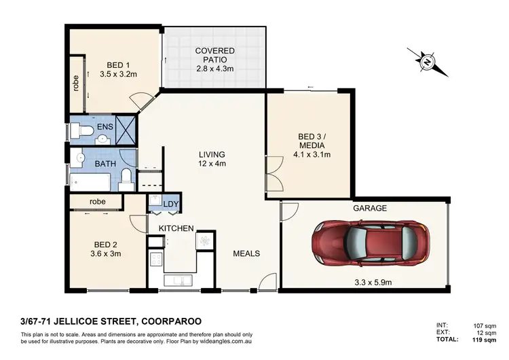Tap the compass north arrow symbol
point(426,62)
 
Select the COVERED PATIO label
point(215,56)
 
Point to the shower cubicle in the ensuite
point(125,128)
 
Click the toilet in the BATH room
point(126,179)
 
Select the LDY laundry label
point(171,204)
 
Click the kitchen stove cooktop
point(156,259)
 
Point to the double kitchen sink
point(178,281)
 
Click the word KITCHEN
point(176,228)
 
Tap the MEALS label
point(246,253)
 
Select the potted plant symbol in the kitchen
point(204,240)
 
